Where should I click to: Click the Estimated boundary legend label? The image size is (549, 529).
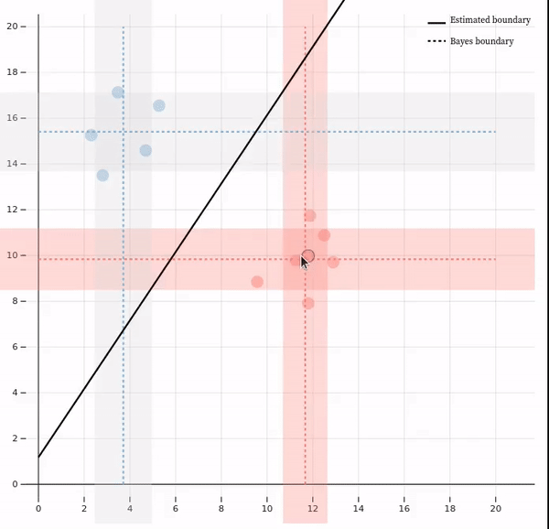tap(490, 20)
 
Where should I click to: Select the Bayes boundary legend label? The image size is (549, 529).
tap(481, 41)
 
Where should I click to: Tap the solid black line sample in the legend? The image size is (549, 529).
tap(436, 20)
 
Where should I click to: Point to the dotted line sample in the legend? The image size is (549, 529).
tap(436, 41)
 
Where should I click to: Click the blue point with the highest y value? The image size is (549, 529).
tap(118, 92)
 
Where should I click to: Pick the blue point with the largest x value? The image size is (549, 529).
tap(159, 106)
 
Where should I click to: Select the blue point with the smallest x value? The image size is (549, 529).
tap(91, 135)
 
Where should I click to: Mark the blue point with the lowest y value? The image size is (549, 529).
tap(102, 175)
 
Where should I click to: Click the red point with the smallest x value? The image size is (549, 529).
tap(257, 282)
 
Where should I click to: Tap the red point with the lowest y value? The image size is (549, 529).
tap(308, 303)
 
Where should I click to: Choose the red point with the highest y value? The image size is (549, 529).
tap(310, 216)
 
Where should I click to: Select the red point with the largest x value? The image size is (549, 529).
tap(333, 262)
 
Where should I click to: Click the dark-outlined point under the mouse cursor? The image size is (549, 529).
tap(308, 256)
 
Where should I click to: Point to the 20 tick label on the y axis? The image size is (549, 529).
tap(14, 27)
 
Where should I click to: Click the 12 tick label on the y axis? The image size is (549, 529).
tap(14, 210)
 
